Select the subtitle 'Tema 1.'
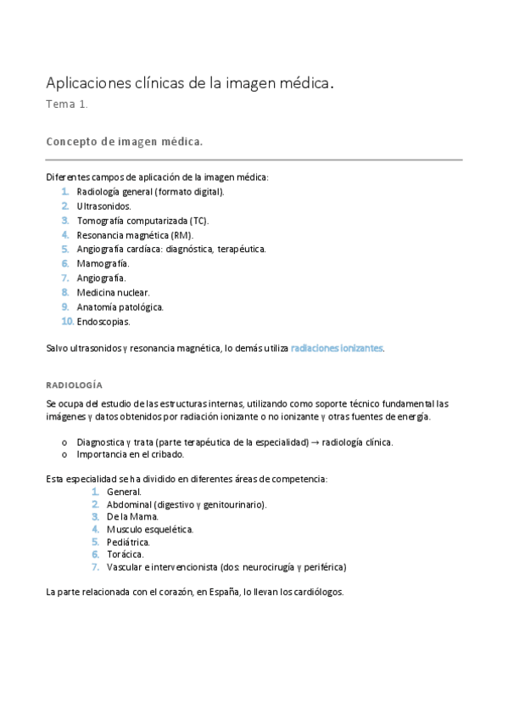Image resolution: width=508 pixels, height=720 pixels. point(67,105)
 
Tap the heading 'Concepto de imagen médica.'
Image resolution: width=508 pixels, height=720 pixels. point(124,142)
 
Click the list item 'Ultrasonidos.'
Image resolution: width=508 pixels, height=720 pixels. point(103,205)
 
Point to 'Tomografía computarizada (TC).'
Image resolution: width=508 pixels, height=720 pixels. point(142,220)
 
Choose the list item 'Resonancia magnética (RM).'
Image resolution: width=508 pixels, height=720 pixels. point(134,234)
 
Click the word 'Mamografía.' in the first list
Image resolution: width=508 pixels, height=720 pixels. point(103,263)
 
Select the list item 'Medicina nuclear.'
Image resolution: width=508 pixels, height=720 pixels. point(113,292)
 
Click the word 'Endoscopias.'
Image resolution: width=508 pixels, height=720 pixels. point(103,321)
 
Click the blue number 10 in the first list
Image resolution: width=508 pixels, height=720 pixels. point(67,321)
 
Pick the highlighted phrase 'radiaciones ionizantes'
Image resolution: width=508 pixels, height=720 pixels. point(337,348)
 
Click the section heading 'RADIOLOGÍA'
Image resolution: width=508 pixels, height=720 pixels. point(74,385)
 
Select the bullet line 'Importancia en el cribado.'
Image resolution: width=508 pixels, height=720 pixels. point(130,454)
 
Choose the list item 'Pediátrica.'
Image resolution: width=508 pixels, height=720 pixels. point(128,542)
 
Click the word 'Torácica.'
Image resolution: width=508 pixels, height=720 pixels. point(125,554)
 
